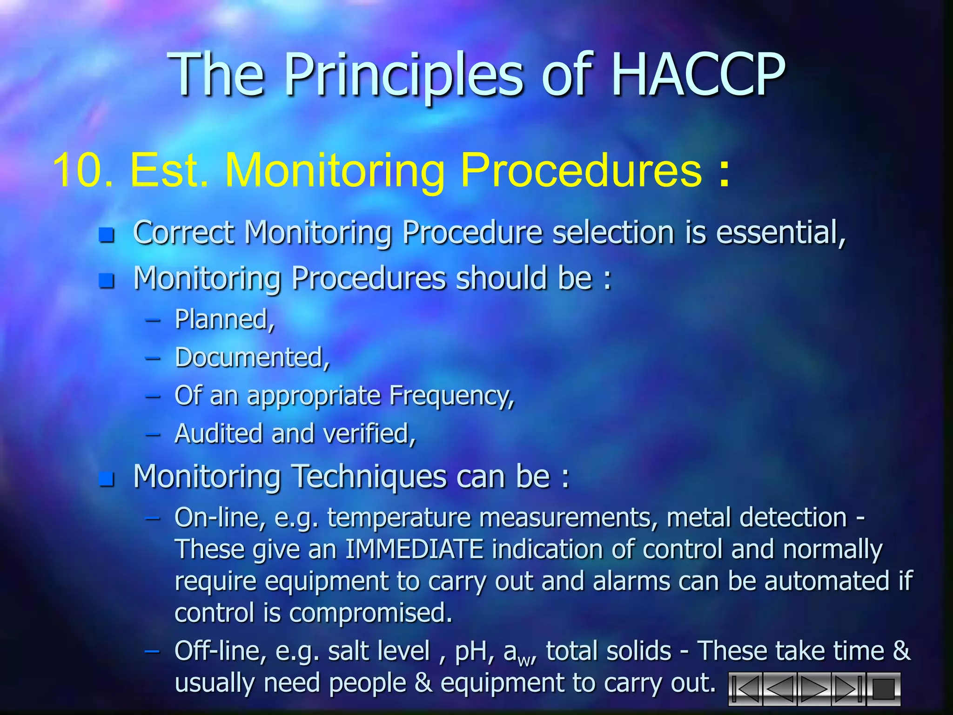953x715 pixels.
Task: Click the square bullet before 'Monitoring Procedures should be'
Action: pyautogui.click(x=107, y=280)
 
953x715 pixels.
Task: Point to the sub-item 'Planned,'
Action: pyautogui.click(x=225, y=319)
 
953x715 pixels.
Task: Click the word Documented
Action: pyautogui.click(x=252, y=357)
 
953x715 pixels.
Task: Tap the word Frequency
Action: pyautogui.click(x=451, y=396)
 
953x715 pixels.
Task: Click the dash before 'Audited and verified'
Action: pyautogui.click(x=153, y=435)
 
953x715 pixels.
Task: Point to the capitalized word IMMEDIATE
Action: pyautogui.click(x=414, y=549)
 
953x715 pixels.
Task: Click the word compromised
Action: pyautogui.click(x=370, y=613)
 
